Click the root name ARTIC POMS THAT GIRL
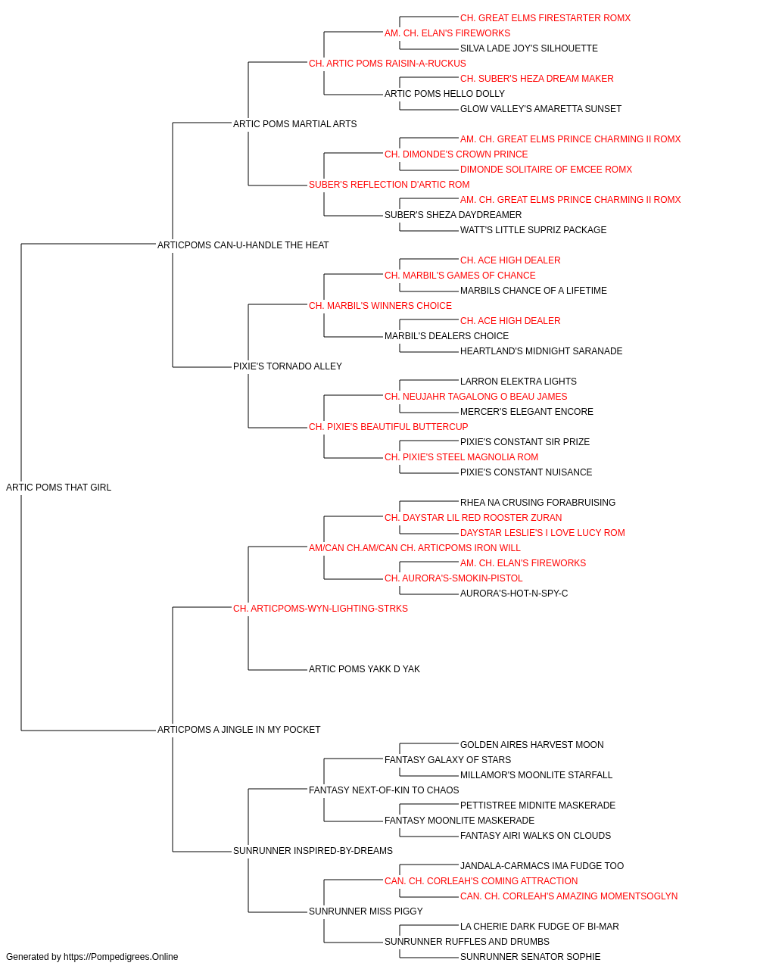pyautogui.click(x=58, y=487)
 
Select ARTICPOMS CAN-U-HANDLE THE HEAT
pyautogui.click(x=243, y=245)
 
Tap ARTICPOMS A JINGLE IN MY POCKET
pyautogui.click(x=239, y=730)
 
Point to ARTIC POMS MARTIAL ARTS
pyautogui.click(x=294, y=124)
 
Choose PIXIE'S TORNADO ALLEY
pyautogui.click(x=288, y=366)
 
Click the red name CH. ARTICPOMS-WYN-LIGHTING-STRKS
pyautogui.click(x=320, y=608)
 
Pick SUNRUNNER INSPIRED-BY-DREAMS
pyautogui.click(x=313, y=850)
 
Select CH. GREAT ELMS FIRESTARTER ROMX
pyautogui.click(x=545, y=18)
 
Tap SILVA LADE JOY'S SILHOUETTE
pyautogui.click(x=528, y=48)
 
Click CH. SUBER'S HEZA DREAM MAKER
pyautogui.click(x=537, y=79)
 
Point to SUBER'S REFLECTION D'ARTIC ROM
pyautogui.click(x=389, y=185)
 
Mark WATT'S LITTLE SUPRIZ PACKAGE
pyautogui.click(x=533, y=229)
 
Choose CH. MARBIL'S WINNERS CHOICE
pyautogui.click(x=380, y=305)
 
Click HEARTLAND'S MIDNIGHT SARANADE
pyautogui.click(x=541, y=351)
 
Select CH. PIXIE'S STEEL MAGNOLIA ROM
pyautogui.click(x=462, y=457)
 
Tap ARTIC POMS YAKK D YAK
pyautogui.click(x=364, y=669)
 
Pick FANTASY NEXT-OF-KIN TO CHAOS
pyautogui.click(x=384, y=790)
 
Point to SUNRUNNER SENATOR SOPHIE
pyautogui.click(x=530, y=957)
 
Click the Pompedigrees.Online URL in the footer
pyautogui.click(x=121, y=957)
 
